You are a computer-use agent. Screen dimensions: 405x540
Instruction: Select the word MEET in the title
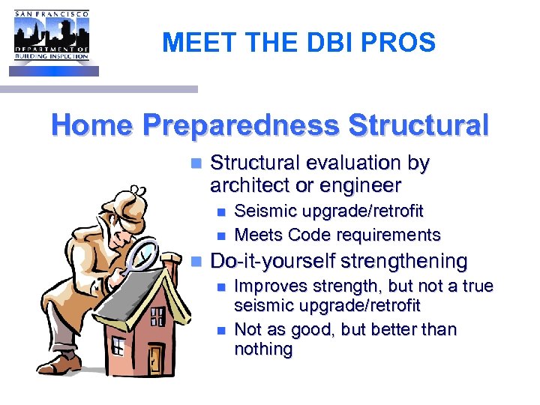point(191,43)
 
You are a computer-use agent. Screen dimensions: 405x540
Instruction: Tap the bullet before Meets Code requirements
point(220,235)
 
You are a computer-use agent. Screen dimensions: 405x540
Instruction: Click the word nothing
point(263,349)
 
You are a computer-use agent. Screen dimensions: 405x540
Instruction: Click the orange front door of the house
point(155,358)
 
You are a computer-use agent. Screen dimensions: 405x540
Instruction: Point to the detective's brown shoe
point(64,364)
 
